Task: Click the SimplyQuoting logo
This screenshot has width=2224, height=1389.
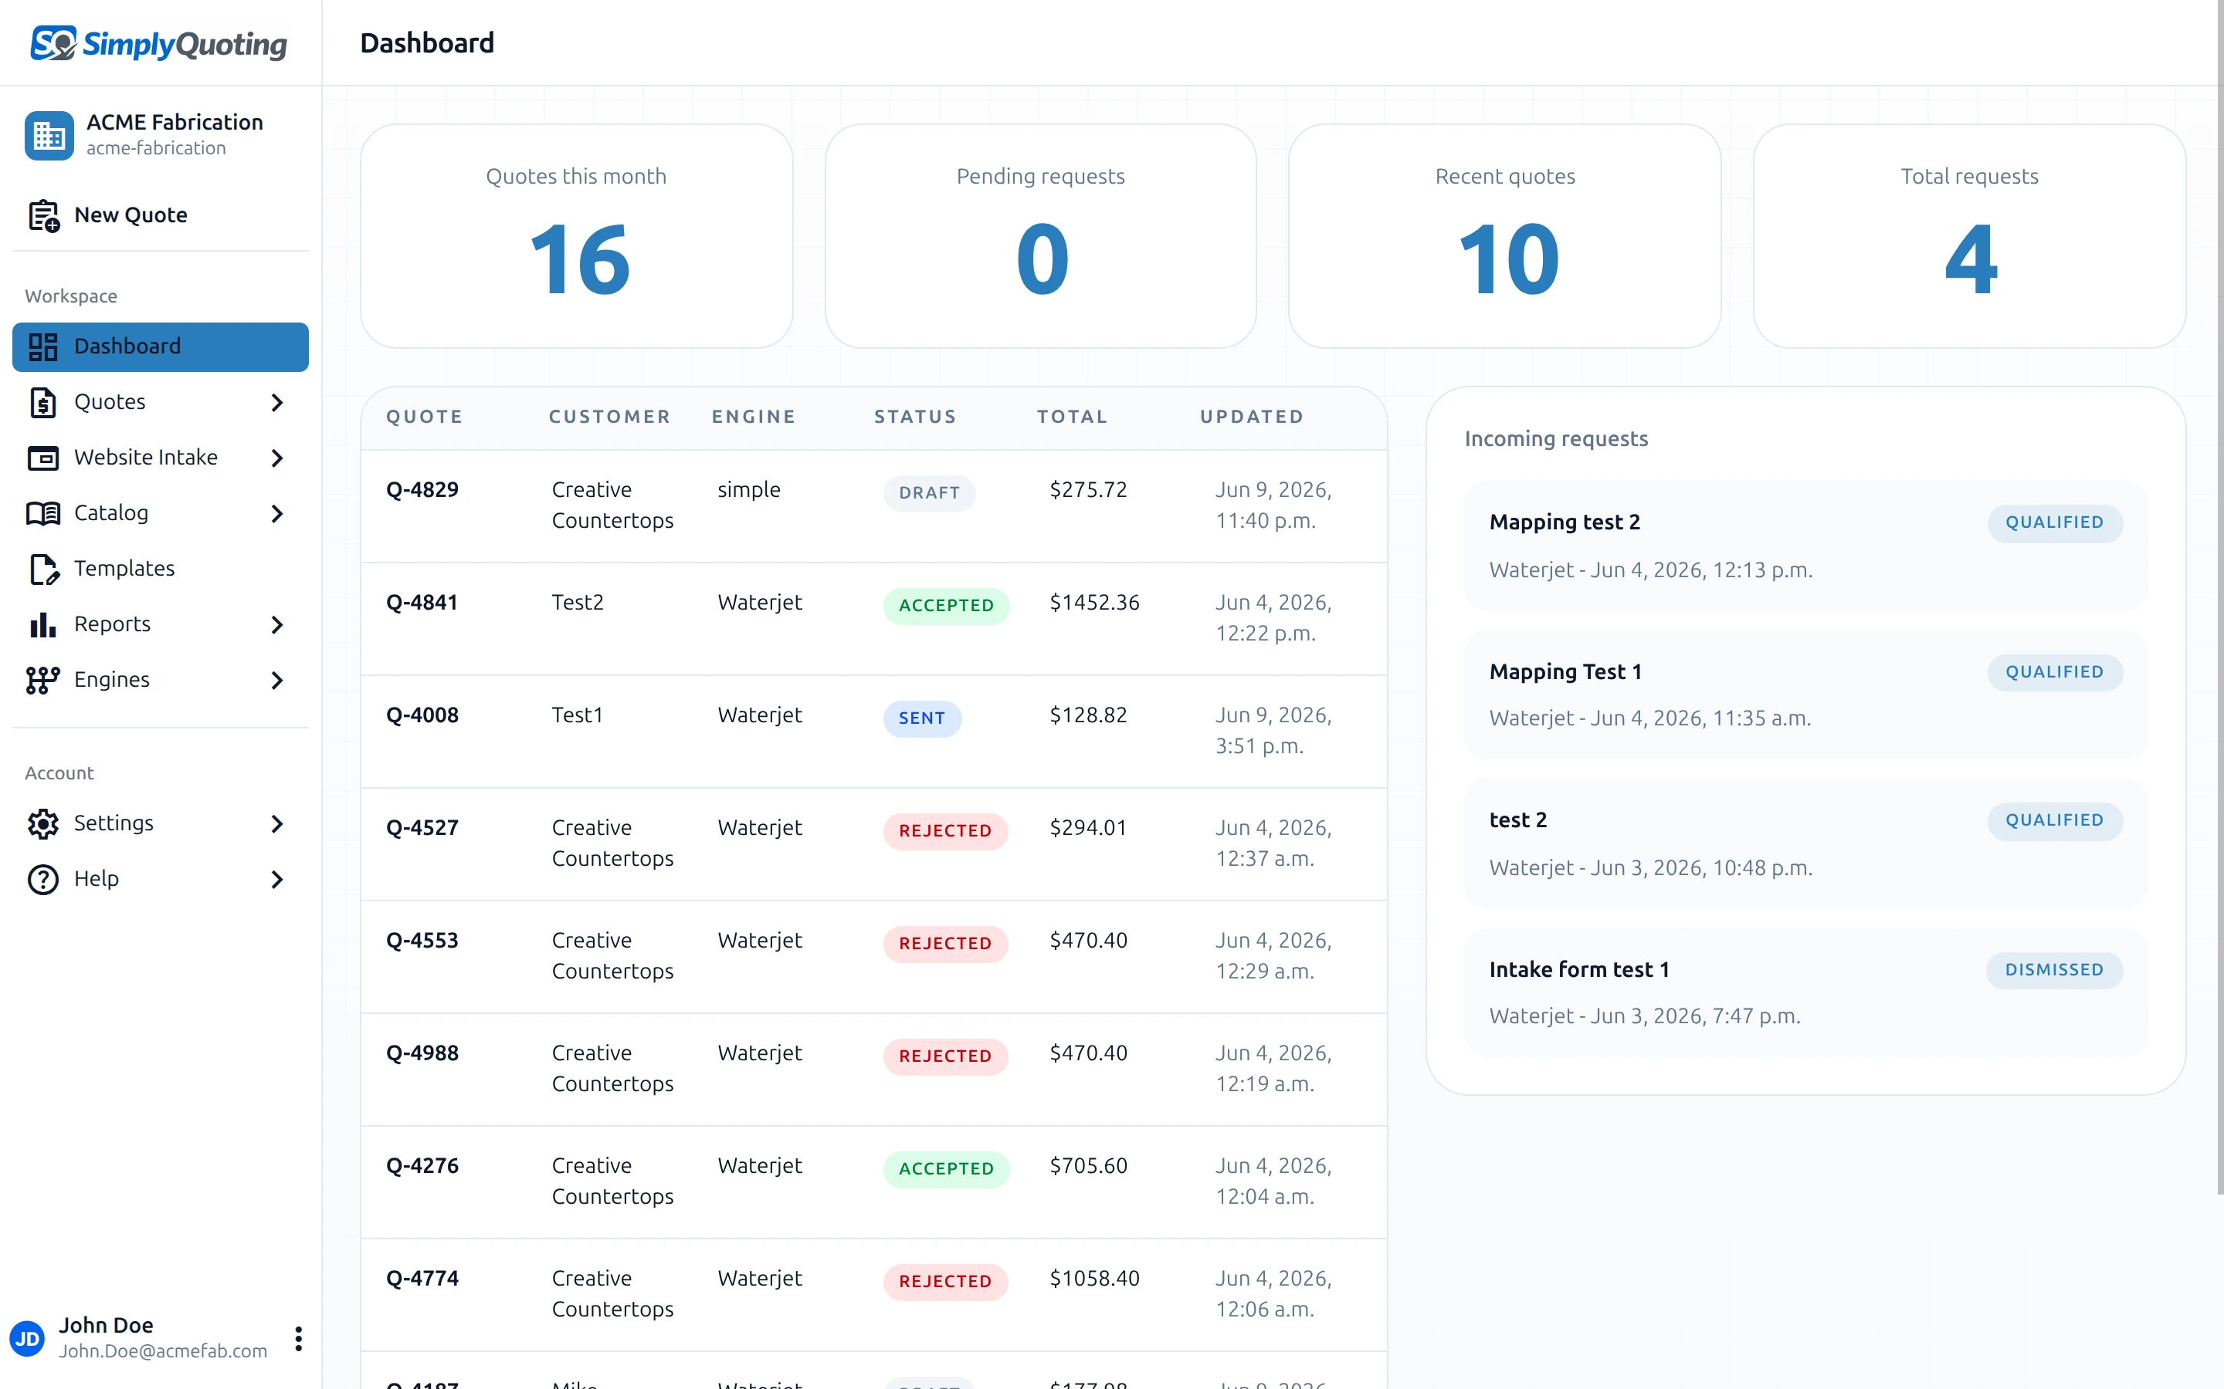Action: (158, 43)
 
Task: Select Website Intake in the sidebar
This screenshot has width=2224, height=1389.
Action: (146, 458)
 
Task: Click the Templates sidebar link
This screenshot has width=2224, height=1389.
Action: (124, 569)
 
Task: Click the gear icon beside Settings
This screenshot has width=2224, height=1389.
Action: (43, 824)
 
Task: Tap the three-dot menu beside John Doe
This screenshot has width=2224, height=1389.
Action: (299, 1339)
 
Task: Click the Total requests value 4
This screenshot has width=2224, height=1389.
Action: (1971, 260)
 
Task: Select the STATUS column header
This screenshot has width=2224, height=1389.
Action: (915, 417)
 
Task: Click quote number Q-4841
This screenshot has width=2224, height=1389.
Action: (422, 603)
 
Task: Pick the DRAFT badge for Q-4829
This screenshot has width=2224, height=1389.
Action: (929, 493)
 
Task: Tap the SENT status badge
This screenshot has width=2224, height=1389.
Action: (922, 718)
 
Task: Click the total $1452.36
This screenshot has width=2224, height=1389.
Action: (1094, 603)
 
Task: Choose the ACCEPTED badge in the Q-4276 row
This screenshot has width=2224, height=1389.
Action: (946, 1168)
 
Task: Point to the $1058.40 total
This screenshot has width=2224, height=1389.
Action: (1094, 1279)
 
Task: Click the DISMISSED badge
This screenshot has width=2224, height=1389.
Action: (2054, 970)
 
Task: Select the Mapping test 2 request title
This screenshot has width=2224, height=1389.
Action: (1565, 522)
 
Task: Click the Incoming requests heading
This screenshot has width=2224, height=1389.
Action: (1556, 439)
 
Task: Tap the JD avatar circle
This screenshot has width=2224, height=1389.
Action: (28, 1339)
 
